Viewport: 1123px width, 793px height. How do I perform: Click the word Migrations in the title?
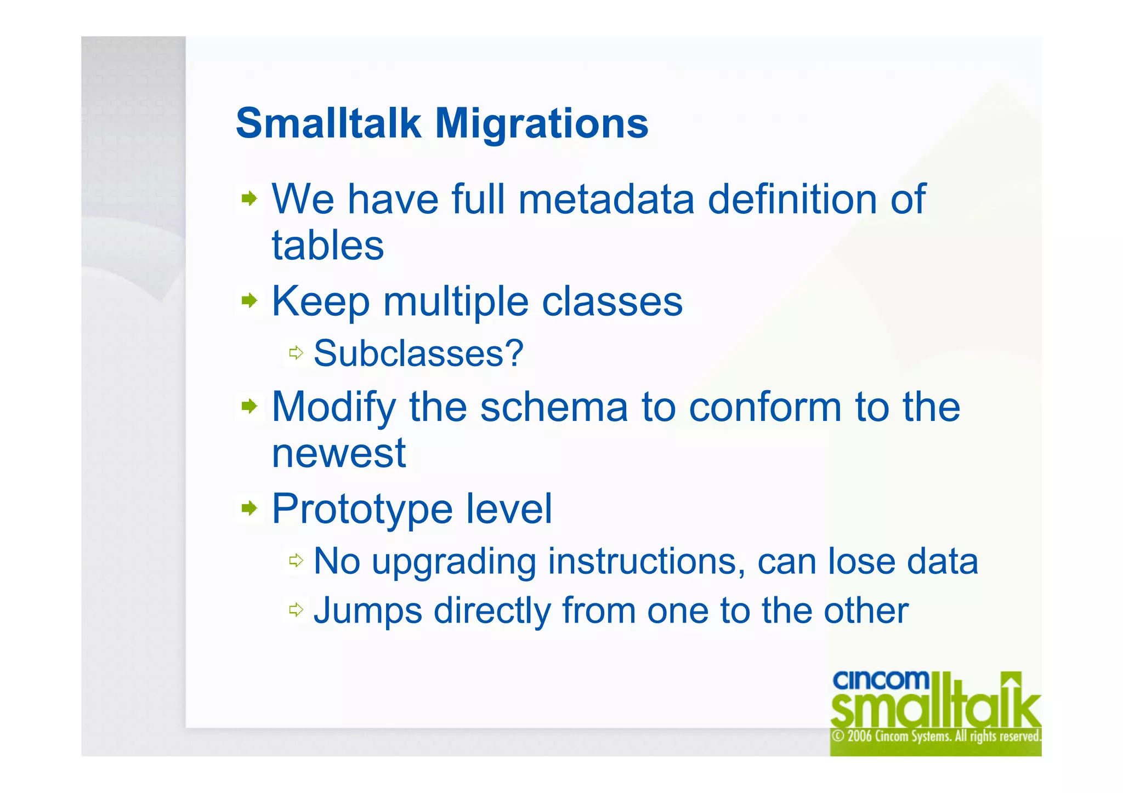pos(541,124)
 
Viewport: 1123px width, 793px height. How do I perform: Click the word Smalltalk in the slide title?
pos(328,124)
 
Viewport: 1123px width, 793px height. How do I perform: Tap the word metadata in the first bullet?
pos(606,199)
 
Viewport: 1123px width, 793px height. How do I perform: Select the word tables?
pos(328,246)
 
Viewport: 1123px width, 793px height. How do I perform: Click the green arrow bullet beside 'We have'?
pos(249,199)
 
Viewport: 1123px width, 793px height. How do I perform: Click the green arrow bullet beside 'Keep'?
pos(249,300)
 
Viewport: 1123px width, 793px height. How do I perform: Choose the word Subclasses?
pos(418,353)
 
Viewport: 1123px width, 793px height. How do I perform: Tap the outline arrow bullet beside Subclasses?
pos(296,352)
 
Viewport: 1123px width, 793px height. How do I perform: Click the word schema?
pos(553,407)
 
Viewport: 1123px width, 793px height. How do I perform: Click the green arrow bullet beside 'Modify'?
pos(249,406)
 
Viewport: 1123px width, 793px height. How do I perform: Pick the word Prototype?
pos(362,510)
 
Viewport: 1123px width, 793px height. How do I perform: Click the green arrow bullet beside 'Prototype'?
pos(249,508)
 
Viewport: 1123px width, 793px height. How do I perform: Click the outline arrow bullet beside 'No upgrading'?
pos(296,560)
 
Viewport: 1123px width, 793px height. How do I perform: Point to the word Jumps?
pos(367,611)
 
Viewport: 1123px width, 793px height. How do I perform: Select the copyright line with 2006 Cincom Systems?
pos(935,736)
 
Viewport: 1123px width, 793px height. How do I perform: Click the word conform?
pos(764,407)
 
